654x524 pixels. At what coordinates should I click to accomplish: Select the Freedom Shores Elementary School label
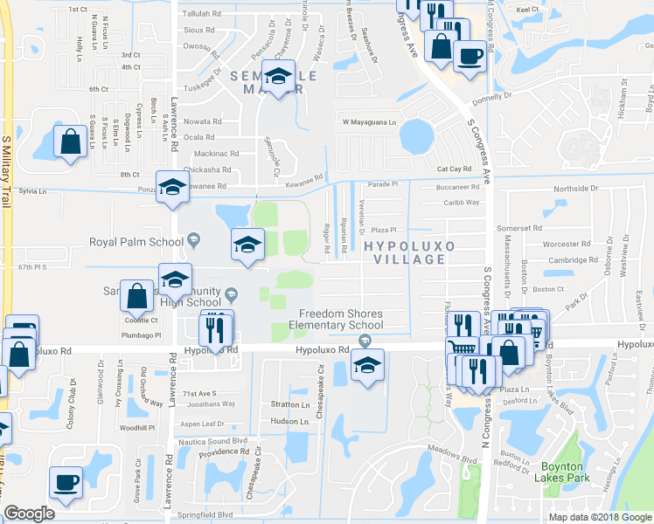(342, 320)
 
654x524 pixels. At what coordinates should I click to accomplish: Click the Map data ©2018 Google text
(599, 517)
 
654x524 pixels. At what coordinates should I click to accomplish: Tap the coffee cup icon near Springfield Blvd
(66, 482)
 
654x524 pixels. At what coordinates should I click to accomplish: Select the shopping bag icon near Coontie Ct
(136, 296)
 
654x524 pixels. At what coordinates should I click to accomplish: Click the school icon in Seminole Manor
(279, 78)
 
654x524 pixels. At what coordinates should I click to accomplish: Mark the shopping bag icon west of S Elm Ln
(70, 141)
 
